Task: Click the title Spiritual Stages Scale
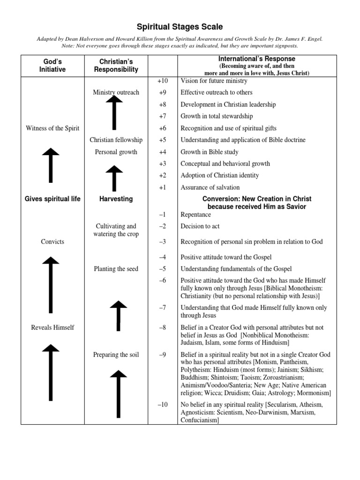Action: click(x=180, y=27)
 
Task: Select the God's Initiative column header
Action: click(x=52, y=66)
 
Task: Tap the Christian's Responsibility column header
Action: click(x=116, y=66)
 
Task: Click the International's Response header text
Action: click(x=256, y=59)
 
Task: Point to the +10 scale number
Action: click(x=162, y=81)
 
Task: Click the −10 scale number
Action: click(x=162, y=405)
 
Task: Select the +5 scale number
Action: click(x=162, y=140)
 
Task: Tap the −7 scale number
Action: click(x=162, y=308)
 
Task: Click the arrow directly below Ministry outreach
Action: click(x=114, y=112)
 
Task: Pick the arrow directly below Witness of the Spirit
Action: click(x=52, y=165)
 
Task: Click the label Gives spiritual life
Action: click(x=52, y=199)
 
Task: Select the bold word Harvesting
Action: click(x=116, y=199)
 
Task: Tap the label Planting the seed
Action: click(x=115, y=269)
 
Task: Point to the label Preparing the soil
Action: click(x=116, y=354)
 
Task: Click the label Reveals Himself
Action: click(x=52, y=327)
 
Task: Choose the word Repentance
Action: click(x=196, y=215)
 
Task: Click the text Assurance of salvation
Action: click(x=210, y=187)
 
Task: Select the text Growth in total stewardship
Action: click(x=217, y=116)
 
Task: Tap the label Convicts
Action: click(x=52, y=242)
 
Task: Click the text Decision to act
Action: click(x=200, y=226)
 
